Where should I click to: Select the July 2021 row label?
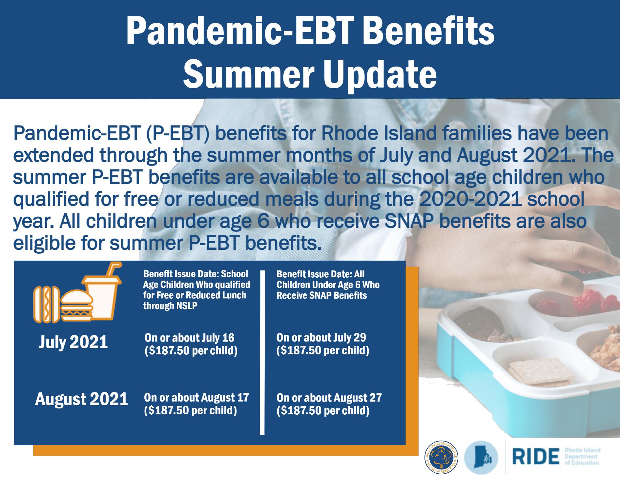(73, 342)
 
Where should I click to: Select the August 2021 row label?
(81, 399)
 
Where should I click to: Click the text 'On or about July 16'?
(190, 338)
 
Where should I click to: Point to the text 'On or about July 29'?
(321, 337)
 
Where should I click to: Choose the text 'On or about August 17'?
(196, 398)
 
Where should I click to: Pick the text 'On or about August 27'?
(329, 398)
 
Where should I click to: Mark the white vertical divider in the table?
(262, 353)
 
